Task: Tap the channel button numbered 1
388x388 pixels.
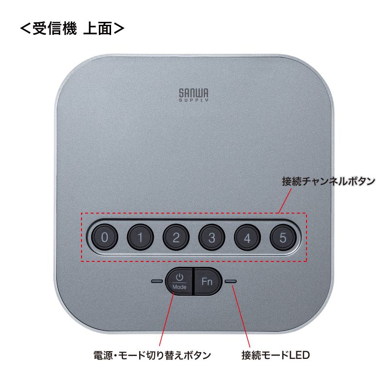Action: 140,238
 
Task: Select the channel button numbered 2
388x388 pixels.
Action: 176,238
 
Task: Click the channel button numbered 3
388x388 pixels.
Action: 211,238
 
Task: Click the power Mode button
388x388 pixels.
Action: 179,281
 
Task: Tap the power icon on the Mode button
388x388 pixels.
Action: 179,277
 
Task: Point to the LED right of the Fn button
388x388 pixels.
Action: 231,281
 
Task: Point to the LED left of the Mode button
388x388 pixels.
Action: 157,281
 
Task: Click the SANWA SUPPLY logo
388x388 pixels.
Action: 194,94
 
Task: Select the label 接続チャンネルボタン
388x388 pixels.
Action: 328,182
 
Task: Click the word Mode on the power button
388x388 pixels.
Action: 179,287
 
